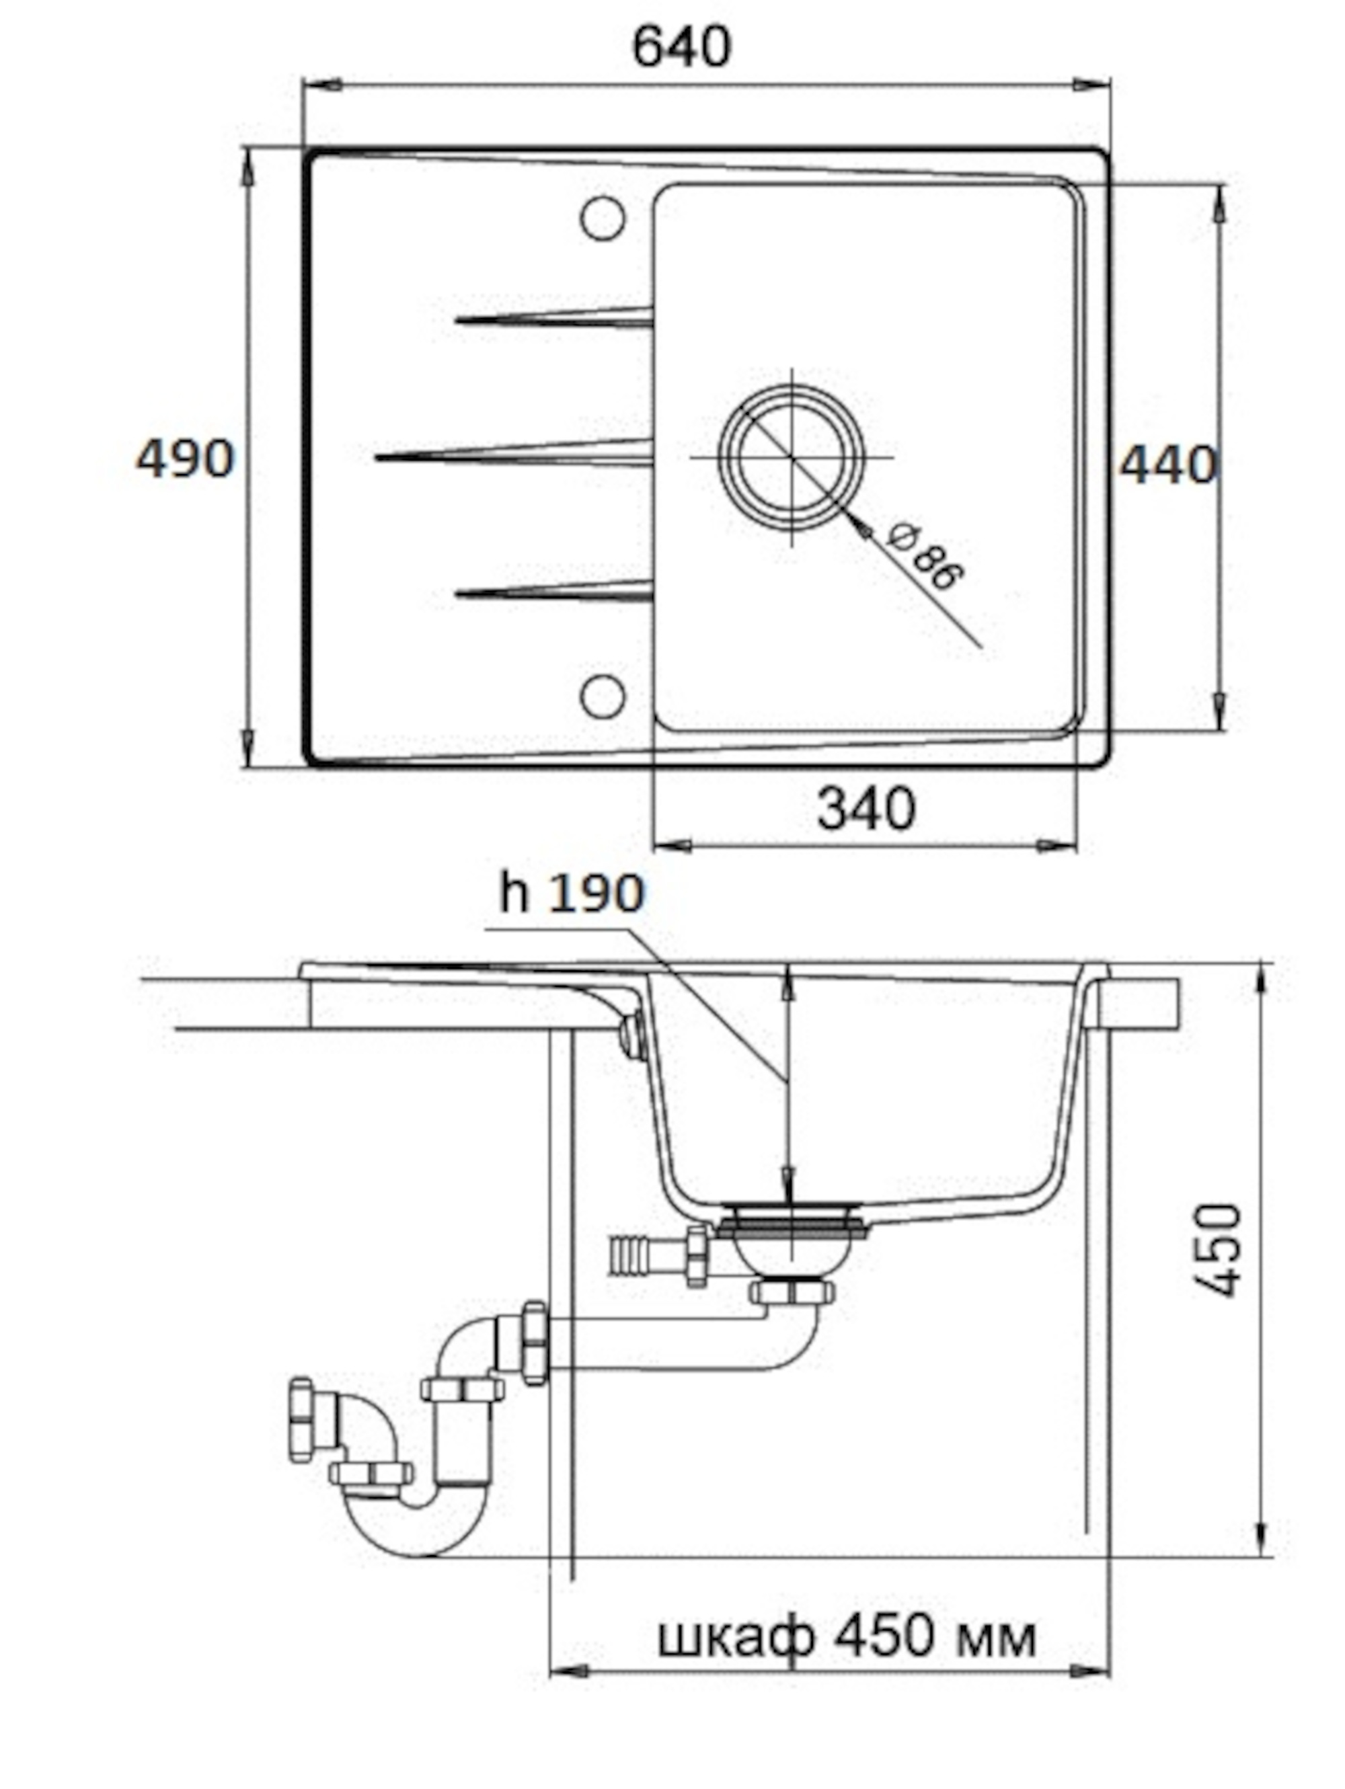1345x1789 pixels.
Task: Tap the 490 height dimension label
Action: click(184, 459)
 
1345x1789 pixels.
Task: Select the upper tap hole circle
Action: click(603, 218)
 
